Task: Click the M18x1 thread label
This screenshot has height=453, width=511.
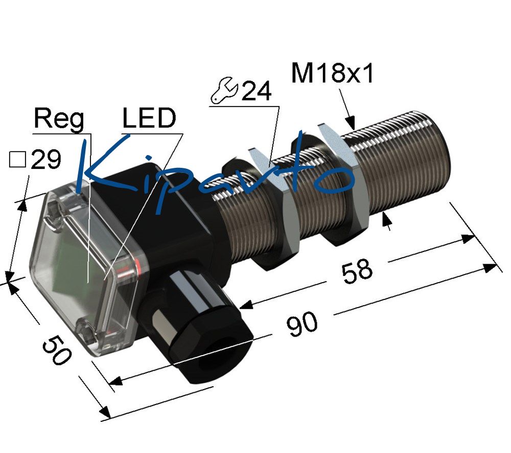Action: tap(333, 73)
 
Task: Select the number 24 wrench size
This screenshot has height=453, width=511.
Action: tap(257, 91)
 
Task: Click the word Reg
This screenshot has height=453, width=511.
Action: tap(59, 119)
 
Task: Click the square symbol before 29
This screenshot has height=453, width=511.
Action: tap(17, 160)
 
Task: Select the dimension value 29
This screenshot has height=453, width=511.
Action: tap(46, 160)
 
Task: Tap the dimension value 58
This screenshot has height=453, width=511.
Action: tap(357, 271)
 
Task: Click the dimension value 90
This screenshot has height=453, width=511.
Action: tap(302, 324)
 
